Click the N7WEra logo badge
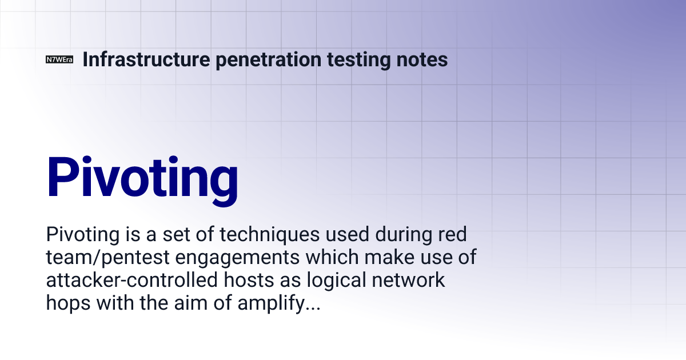click(59, 59)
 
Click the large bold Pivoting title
click(142, 177)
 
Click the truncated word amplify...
click(274, 304)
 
